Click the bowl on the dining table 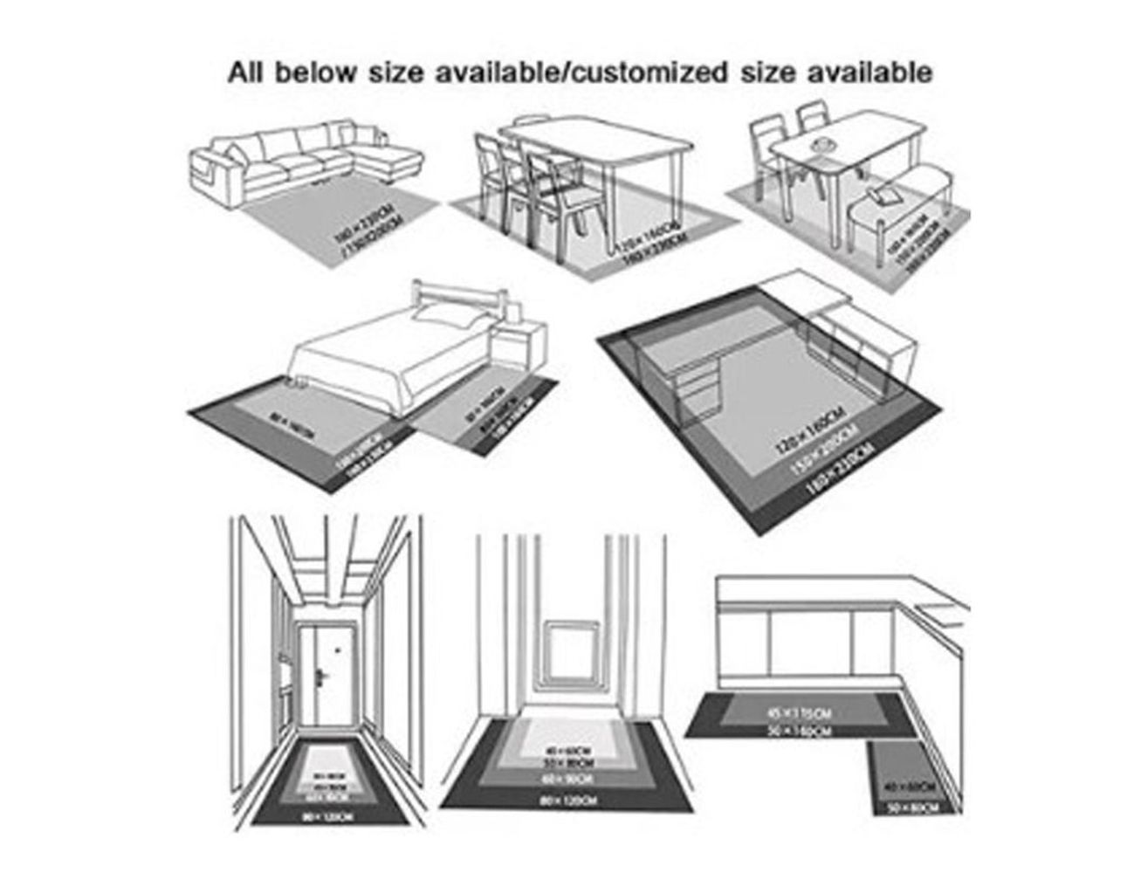tap(820, 143)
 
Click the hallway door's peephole tap(334, 648)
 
